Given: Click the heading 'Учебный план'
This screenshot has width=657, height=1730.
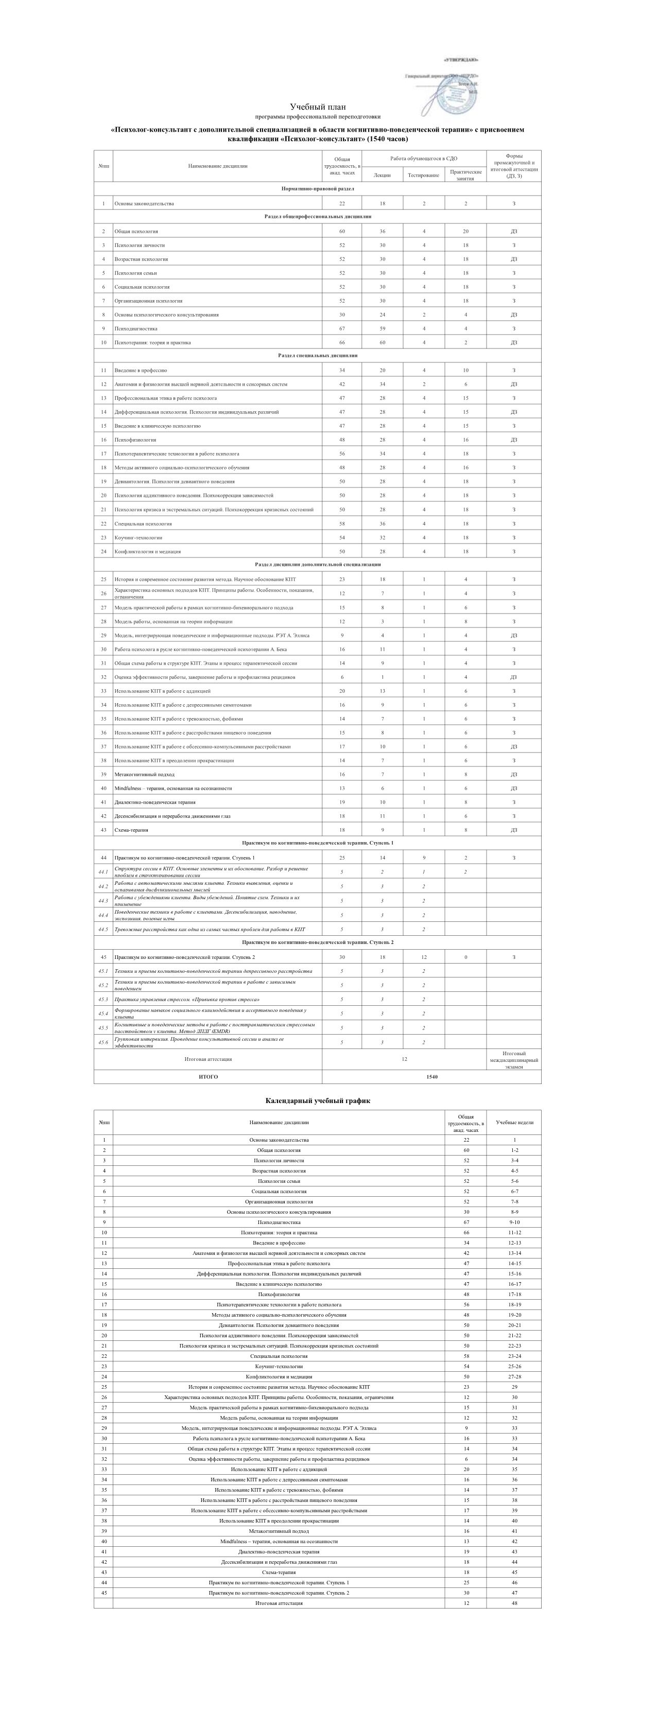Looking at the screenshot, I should click(x=318, y=107).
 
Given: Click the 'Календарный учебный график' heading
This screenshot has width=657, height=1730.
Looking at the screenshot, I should click(x=318, y=1100).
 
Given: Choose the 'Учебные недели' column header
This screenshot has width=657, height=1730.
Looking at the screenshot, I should click(x=514, y=1122).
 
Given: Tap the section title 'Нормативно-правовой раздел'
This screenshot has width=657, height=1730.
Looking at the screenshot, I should click(x=318, y=189).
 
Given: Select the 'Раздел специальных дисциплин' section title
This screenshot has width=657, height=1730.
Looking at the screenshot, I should click(x=318, y=355).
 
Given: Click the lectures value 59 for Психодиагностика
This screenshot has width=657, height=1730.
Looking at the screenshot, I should click(x=382, y=328).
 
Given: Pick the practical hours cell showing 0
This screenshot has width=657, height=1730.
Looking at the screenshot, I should click(x=465, y=957).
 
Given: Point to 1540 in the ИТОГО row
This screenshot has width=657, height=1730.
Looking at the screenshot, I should click(x=431, y=1076).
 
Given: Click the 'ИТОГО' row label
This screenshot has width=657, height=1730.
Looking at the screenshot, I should click(x=208, y=1076).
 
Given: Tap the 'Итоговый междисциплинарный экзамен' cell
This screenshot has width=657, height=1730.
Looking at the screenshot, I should click(x=514, y=1060).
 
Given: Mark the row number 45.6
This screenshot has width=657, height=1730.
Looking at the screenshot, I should click(x=103, y=1042).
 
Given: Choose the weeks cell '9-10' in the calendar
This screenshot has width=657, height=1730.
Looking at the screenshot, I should click(x=514, y=1222).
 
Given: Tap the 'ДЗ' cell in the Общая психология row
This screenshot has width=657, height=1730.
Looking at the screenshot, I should click(x=514, y=231).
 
